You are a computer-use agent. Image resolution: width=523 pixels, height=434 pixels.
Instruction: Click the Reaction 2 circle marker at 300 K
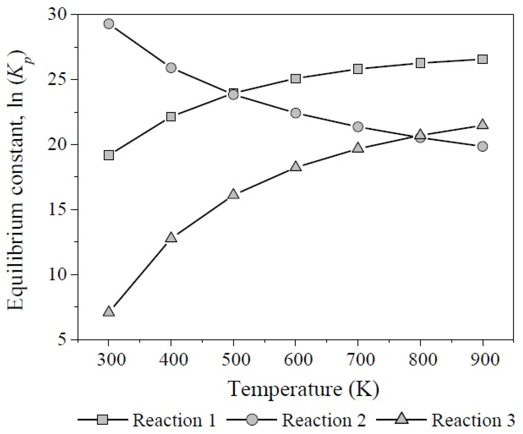[109, 24]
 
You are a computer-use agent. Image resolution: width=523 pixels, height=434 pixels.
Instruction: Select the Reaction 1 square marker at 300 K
[109, 155]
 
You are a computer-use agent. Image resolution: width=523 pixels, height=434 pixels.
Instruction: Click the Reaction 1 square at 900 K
[482, 59]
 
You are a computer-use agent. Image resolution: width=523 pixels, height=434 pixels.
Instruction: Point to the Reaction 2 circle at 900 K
[482, 146]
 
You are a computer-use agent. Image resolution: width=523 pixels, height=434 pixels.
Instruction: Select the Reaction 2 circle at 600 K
[296, 113]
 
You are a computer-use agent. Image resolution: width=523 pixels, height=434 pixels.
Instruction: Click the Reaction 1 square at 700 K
[358, 69]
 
